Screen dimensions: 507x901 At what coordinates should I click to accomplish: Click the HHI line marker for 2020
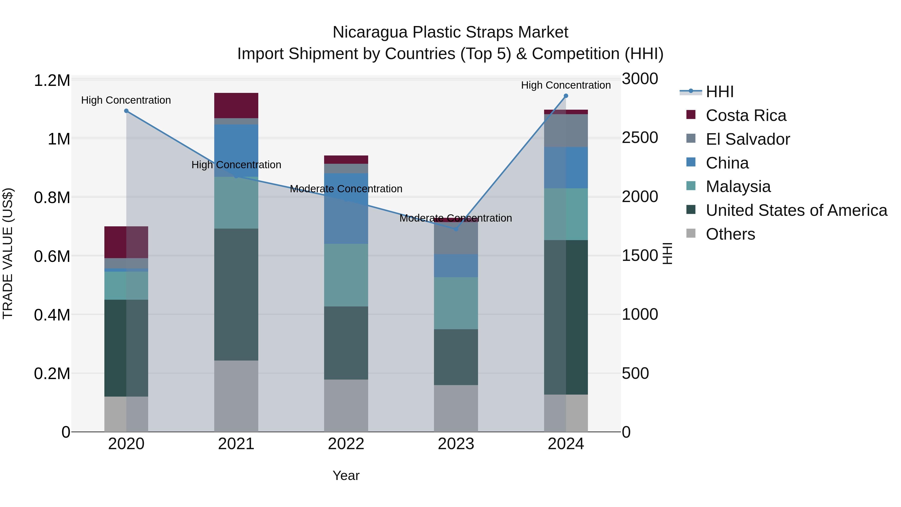[126, 111]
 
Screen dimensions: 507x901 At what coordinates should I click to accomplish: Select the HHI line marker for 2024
[566, 96]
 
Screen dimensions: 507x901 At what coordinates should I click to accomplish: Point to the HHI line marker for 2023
[456, 229]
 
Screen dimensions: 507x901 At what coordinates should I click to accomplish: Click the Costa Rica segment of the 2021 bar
[236, 105]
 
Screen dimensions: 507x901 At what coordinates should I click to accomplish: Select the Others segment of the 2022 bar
[346, 406]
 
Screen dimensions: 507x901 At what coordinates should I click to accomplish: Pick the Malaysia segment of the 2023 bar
[456, 303]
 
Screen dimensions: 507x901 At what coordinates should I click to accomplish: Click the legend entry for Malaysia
[738, 187]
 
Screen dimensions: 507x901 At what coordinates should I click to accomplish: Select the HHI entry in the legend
[720, 92]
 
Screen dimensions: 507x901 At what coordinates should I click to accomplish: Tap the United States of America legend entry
[796, 210]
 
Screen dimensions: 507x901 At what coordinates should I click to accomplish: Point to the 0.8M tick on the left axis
[52, 198]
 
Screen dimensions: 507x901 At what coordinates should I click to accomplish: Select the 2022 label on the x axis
[346, 444]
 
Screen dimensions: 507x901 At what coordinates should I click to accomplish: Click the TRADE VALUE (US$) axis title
[8, 253]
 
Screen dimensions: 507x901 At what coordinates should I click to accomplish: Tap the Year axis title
[346, 475]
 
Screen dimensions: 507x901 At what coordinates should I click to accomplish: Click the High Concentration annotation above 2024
[566, 85]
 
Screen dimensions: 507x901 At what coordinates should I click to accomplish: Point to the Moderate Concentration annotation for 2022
[346, 189]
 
